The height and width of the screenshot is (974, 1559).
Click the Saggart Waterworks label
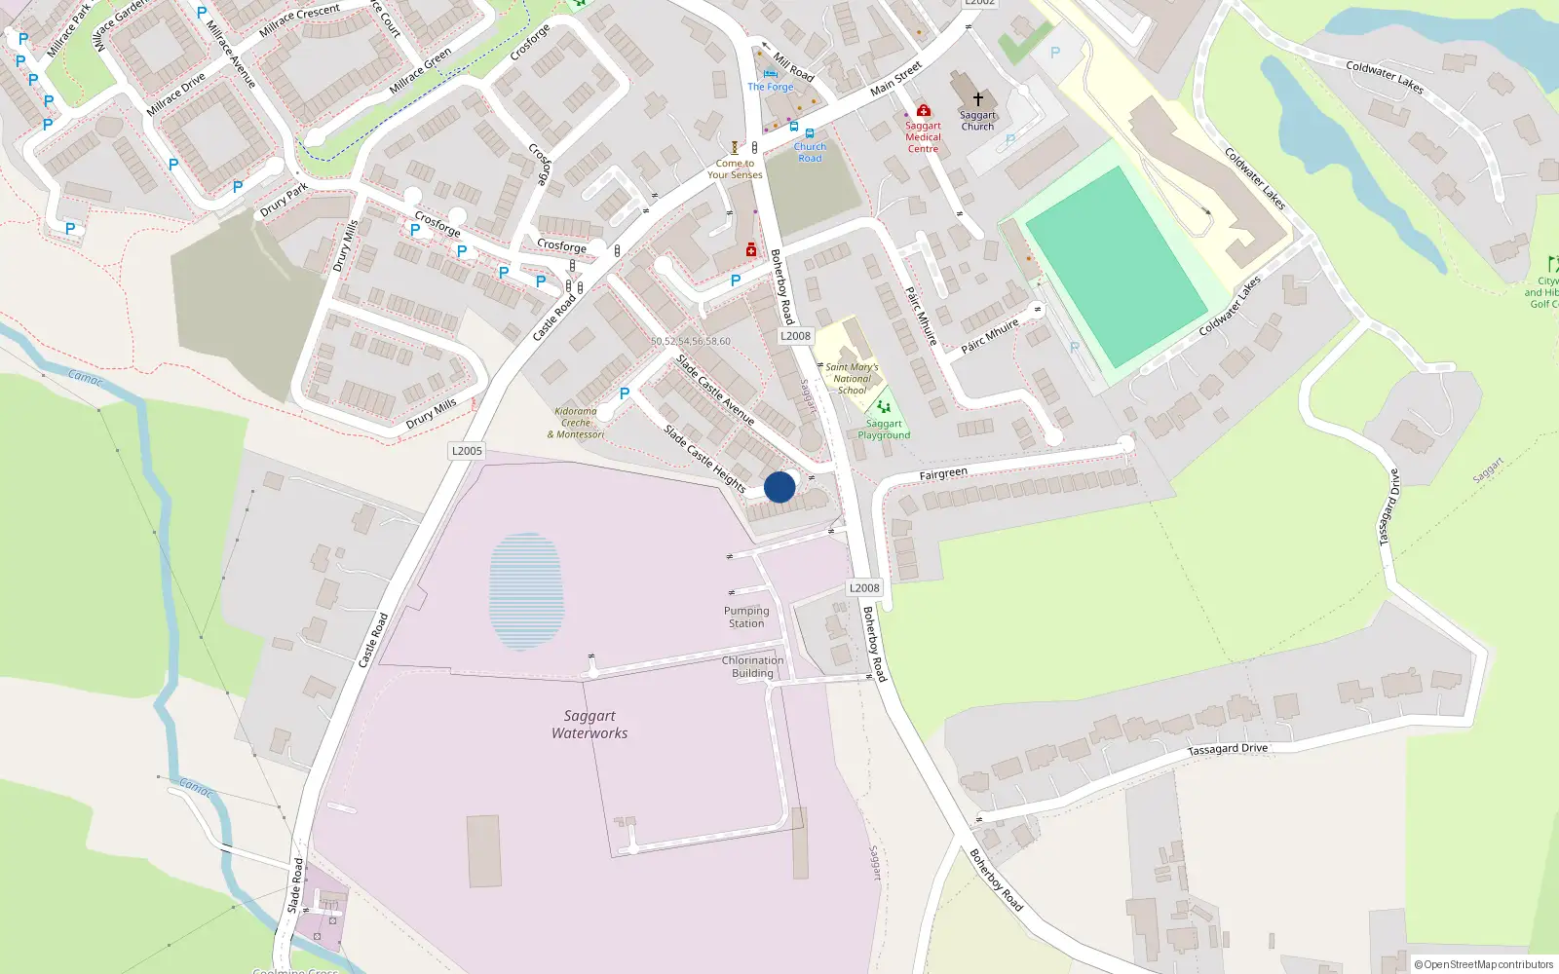pyautogui.click(x=589, y=725)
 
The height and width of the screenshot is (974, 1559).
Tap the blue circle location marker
pyautogui.click(x=779, y=487)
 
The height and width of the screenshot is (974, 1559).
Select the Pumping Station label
pyautogui.click(x=746, y=618)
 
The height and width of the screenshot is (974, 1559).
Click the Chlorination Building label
pyautogui.click(x=752, y=666)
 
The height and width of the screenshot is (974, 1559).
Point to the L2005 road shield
pyautogui.click(x=467, y=451)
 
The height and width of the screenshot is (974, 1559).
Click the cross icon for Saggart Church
pyautogui.click(x=978, y=99)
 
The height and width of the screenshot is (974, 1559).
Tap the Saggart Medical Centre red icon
pyautogui.click(x=924, y=111)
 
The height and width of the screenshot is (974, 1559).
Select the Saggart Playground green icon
pyautogui.click(x=883, y=407)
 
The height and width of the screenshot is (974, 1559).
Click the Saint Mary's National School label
pyautogui.click(x=852, y=379)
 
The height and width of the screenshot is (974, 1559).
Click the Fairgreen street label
pyautogui.click(x=943, y=474)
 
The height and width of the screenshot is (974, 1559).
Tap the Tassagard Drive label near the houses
pyautogui.click(x=1228, y=749)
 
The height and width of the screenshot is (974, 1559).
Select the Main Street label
pyautogui.click(x=895, y=79)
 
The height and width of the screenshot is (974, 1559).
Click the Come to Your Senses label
pyautogui.click(x=735, y=169)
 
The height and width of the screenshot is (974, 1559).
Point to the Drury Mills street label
pyautogui.click(x=431, y=414)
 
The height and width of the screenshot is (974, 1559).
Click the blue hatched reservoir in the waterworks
pyautogui.click(x=526, y=590)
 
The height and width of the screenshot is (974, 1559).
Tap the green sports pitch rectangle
pyautogui.click(x=1117, y=267)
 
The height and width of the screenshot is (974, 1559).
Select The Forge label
pyautogui.click(x=771, y=87)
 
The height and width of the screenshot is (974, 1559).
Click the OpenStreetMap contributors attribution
pyautogui.click(x=1484, y=964)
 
